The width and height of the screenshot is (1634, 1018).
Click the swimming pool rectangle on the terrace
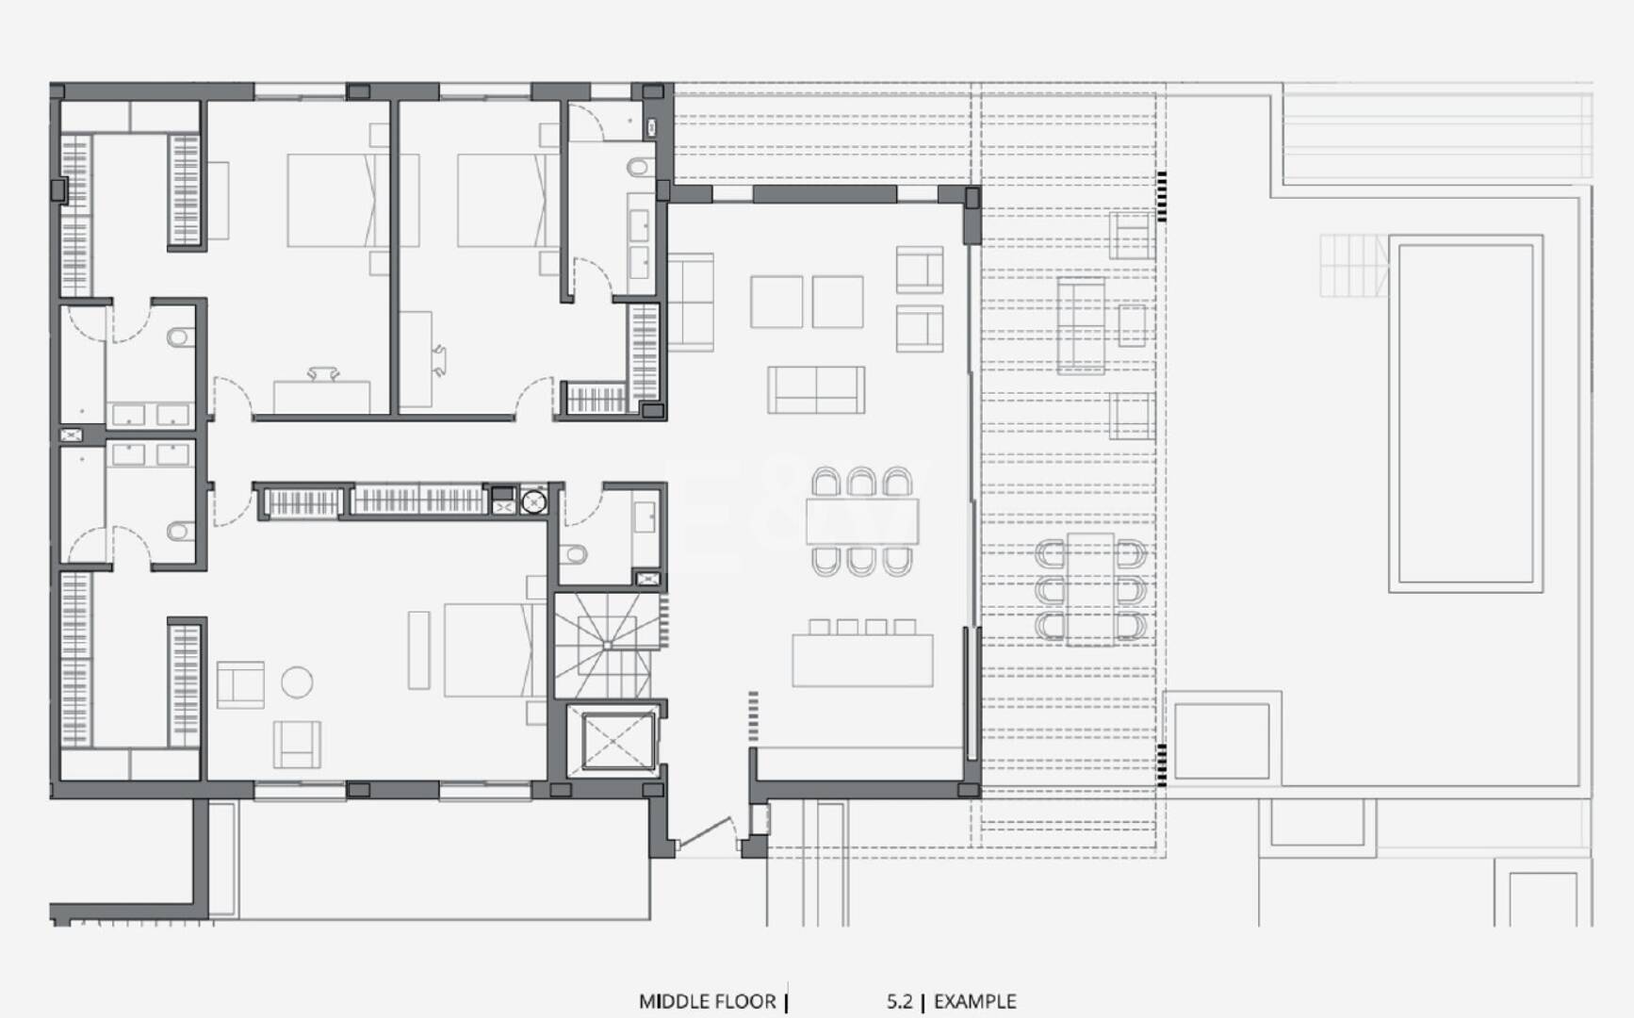pos(1465,414)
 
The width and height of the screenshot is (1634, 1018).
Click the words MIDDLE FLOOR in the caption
pos(707,1001)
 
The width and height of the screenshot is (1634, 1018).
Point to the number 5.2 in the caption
pos(899,1001)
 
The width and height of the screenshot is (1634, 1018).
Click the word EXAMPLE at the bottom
pos(974,1001)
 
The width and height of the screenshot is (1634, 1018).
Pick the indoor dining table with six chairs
pos(861,521)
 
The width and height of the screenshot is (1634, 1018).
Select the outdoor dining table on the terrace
pos(1091,589)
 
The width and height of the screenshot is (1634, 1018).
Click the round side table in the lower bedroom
pos(297,682)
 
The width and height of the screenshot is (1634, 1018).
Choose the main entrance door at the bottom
pos(706,833)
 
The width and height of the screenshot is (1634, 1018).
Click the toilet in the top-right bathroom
pos(638,167)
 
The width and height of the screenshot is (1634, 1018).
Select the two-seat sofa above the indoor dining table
pos(816,390)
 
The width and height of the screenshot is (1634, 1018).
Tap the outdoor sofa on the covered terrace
pos(1081,325)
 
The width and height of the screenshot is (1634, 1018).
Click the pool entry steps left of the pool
pos(1354,266)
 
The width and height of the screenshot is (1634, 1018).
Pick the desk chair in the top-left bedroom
pos(322,373)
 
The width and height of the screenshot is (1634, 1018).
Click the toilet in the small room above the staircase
pos(573,553)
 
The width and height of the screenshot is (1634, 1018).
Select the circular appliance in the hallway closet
pos(533,501)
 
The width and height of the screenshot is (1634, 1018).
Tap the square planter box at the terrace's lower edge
pos(1221,741)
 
